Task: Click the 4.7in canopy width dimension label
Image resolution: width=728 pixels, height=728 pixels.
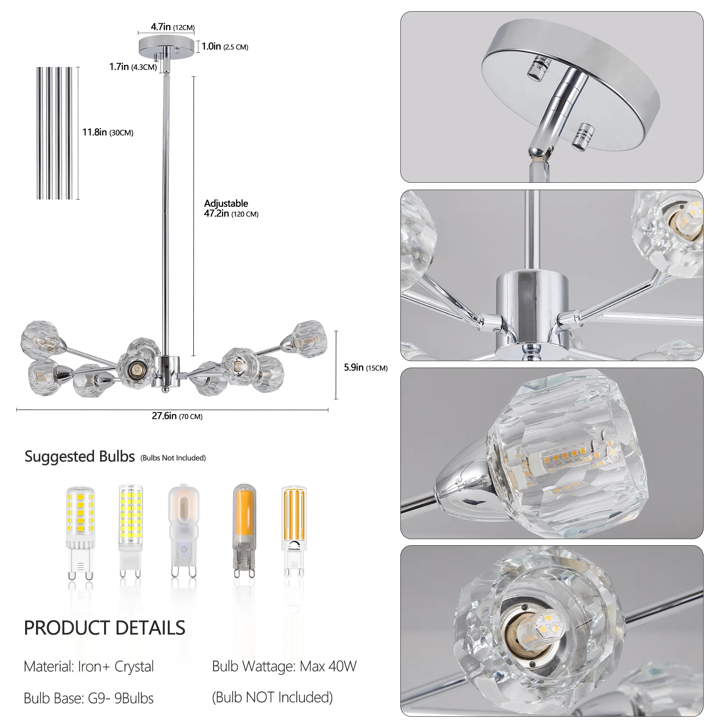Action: (x=173, y=27)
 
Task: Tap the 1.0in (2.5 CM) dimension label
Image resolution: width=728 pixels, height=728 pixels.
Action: (x=225, y=46)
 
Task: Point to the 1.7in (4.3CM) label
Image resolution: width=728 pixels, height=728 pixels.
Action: (x=132, y=67)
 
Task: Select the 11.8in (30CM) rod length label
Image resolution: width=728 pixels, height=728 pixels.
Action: (x=108, y=132)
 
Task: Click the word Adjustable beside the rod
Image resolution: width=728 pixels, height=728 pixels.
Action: (x=226, y=203)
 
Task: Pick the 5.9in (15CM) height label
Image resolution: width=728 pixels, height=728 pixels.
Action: (x=365, y=367)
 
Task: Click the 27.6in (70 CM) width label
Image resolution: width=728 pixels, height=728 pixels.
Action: (x=177, y=416)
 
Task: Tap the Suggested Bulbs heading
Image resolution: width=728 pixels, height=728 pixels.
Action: (x=79, y=456)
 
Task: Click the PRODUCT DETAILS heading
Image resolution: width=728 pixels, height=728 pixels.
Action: (x=104, y=628)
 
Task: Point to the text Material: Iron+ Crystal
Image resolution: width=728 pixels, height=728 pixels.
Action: (x=88, y=666)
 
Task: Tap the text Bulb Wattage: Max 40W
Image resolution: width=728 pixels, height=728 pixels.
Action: (x=284, y=666)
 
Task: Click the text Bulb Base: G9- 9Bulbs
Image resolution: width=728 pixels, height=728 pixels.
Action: (x=88, y=698)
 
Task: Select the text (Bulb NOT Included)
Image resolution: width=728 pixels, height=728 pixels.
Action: (x=272, y=697)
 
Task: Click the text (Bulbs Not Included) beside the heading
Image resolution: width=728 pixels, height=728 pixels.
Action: (x=173, y=458)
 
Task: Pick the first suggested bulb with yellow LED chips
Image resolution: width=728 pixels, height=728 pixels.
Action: (x=80, y=532)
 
